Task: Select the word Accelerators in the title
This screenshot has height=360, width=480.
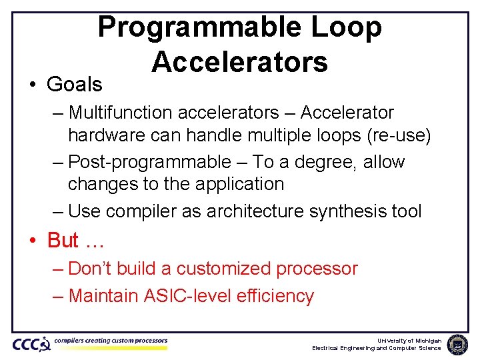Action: click(239, 62)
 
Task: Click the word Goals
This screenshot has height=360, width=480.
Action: click(74, 85)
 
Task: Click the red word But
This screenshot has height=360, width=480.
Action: click(63, 240)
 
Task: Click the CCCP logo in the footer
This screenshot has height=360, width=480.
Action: click(31, 344)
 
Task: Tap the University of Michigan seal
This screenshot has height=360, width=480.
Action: click(458, 344)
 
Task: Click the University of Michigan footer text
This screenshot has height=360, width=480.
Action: click(409, 340)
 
